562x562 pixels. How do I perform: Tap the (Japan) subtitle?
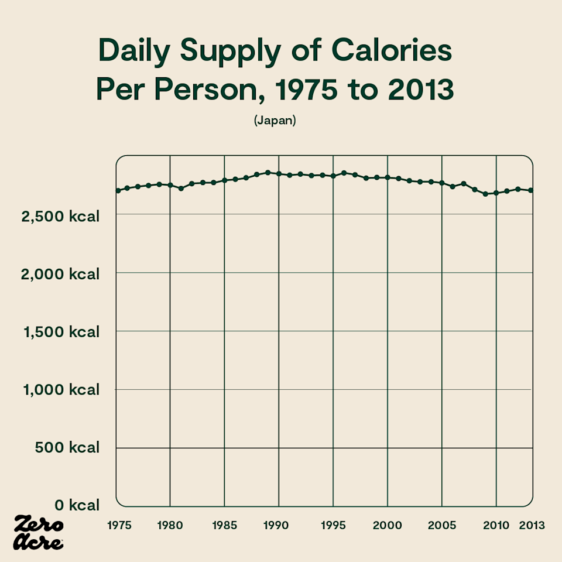tap(275, 120)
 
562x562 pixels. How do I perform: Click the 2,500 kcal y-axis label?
tap(60, 217)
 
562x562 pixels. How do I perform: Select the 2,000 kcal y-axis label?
tap(60, 274)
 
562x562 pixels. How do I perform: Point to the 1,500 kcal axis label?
tap(61, 332)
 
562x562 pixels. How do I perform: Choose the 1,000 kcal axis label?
tap(61, 390)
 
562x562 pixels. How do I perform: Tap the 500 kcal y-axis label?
tap(67, 447)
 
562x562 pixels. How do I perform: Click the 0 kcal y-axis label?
tap(77, 505)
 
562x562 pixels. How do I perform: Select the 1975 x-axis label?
tap(119, 526)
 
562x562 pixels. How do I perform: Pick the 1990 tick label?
tap(276, 526)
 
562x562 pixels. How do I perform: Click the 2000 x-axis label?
tap(387, 526)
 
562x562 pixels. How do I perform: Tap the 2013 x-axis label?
tap(532, 526)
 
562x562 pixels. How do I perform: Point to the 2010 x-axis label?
tap(496, 526)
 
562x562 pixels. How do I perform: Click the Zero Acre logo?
tap(39, 533)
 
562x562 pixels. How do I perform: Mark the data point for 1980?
tap(170, 185)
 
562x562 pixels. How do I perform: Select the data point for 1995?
tap(333, 176)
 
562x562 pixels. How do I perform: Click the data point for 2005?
tap(441, 183)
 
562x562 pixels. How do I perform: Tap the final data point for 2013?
tap(531, 190)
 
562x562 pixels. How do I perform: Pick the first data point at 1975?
tap(118, 190)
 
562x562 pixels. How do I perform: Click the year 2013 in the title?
tap(421, 89)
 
